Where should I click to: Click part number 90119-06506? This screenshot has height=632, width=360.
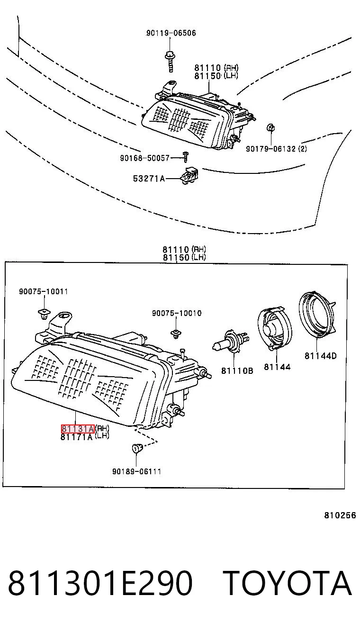click(171, 33)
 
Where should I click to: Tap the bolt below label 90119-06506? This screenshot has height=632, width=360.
click(170, 61)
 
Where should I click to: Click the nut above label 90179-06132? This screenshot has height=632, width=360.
click(271, 127)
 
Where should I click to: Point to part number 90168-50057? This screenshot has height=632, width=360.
click(145, 158)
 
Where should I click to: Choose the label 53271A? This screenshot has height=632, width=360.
click(149, 178)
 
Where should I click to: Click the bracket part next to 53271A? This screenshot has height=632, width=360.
click(189, 175)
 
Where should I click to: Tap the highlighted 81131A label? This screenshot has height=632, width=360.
click(78, 429)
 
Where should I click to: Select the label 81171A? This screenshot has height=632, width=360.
click(77, 437)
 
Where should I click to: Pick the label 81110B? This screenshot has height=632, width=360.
click(237, 370)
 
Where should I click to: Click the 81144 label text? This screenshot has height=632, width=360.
click(277, 367)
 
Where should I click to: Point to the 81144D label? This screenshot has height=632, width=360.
click(321, 356)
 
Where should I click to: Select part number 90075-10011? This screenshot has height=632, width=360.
click(44, 291)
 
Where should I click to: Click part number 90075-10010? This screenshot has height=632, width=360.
click(177, 313)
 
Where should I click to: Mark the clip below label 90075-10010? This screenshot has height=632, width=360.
click(176, 334)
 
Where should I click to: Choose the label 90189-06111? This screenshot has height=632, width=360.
click(136, 471)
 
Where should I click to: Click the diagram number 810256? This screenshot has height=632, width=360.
click(340, 515)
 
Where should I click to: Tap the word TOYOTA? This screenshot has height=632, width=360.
click(288, 583)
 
